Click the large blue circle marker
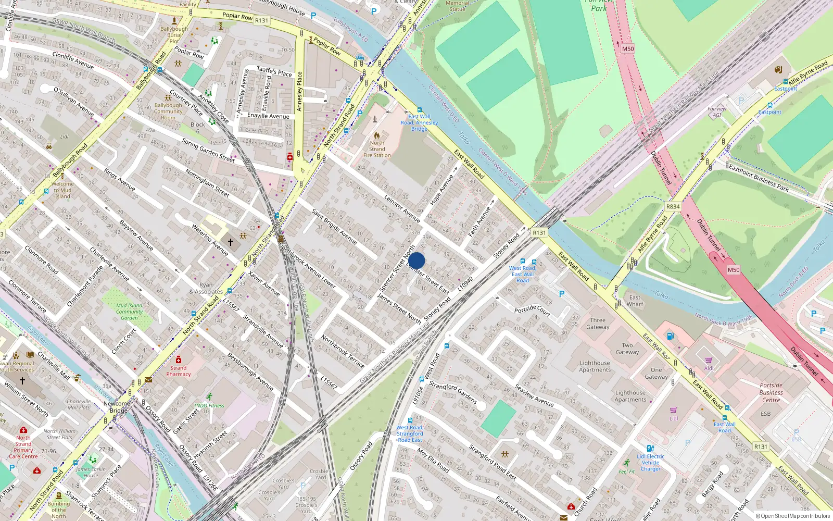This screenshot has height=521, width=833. click(x=416, y=260)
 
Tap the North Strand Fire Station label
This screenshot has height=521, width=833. click(x=377, y=149)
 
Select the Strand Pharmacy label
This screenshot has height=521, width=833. click(x=179, y=371)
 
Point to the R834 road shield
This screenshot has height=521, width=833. click(x=673, y=207)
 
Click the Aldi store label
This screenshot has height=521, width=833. click(x=709, y=368)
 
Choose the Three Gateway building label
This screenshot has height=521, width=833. click(x=598, y=324)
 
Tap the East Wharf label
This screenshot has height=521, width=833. click(x=635, y=301)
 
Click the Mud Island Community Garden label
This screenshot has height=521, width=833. click(x=129, y=312)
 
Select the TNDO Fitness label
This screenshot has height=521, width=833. click(x=209, y=405)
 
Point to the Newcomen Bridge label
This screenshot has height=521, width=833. click(x=119, y=407)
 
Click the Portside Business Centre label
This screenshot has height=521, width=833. click(x=771, y=392)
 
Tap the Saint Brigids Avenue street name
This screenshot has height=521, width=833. click(x=334, y=227)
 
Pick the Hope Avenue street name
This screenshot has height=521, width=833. click(x=442, y=189)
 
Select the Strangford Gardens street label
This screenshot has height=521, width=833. click(x=452, y=392)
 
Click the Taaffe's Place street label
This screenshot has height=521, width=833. click(x=274, y=71)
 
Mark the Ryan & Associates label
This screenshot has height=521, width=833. click(x=206, y=288)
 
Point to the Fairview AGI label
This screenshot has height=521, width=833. click(x=717, y=112)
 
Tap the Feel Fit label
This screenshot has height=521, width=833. click(x=627, y=472)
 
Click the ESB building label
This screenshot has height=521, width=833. click(x=765, y=414)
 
